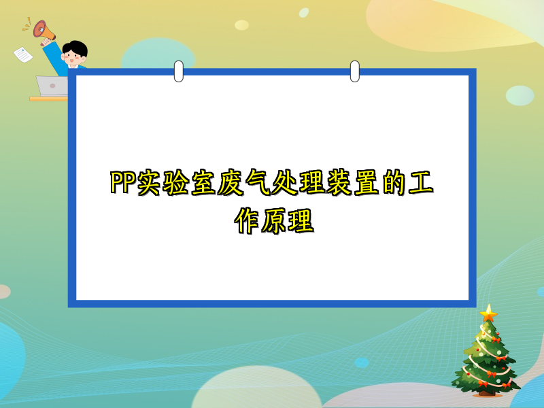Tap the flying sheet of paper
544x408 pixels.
22,54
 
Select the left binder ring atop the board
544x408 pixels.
179,71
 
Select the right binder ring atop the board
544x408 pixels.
354,71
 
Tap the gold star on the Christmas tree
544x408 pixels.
488,313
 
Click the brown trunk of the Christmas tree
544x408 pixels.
486,392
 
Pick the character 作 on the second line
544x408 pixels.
245,221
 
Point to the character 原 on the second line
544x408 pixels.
273,221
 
